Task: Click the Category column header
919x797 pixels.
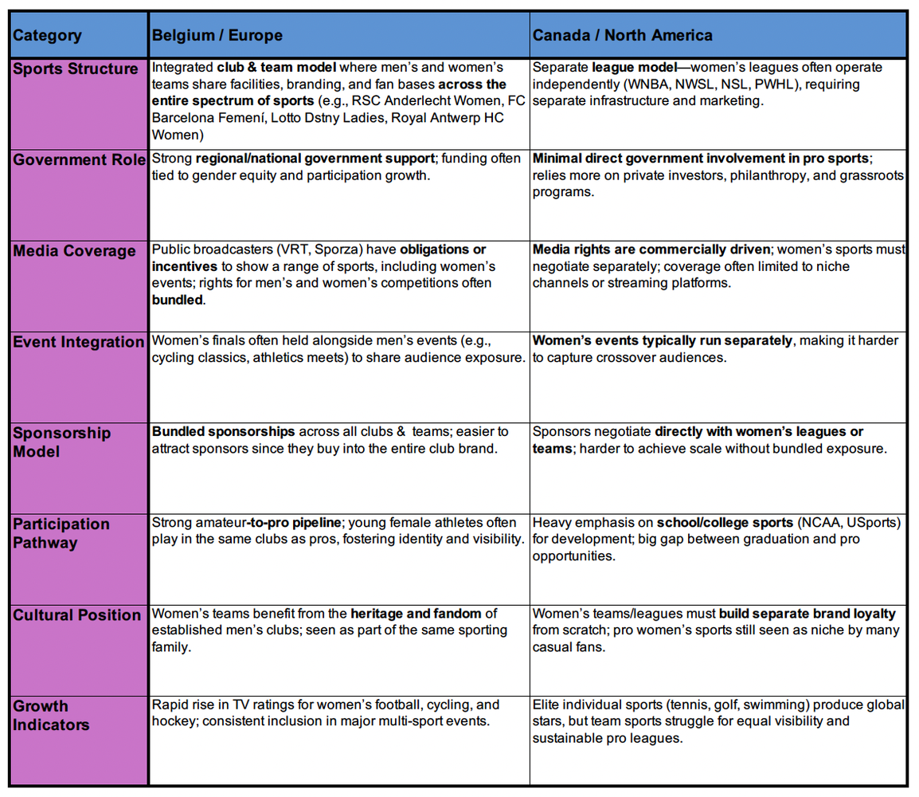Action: point(47,35)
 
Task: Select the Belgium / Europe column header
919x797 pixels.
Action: point(217,35)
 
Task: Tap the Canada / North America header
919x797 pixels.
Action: point(622,35)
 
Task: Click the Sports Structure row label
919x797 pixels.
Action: point(76,69)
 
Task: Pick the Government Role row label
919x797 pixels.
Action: point(79,159)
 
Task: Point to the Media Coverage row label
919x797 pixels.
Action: point(74,251)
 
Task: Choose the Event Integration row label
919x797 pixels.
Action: point(78,342)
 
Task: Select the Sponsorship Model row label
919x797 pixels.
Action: point(61,442)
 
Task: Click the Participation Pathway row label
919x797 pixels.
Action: point(61,533)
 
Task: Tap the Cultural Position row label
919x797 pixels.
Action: point(76,615)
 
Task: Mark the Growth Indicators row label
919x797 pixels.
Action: point(51,715)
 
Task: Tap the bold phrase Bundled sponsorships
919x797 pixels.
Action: point(223,431)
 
